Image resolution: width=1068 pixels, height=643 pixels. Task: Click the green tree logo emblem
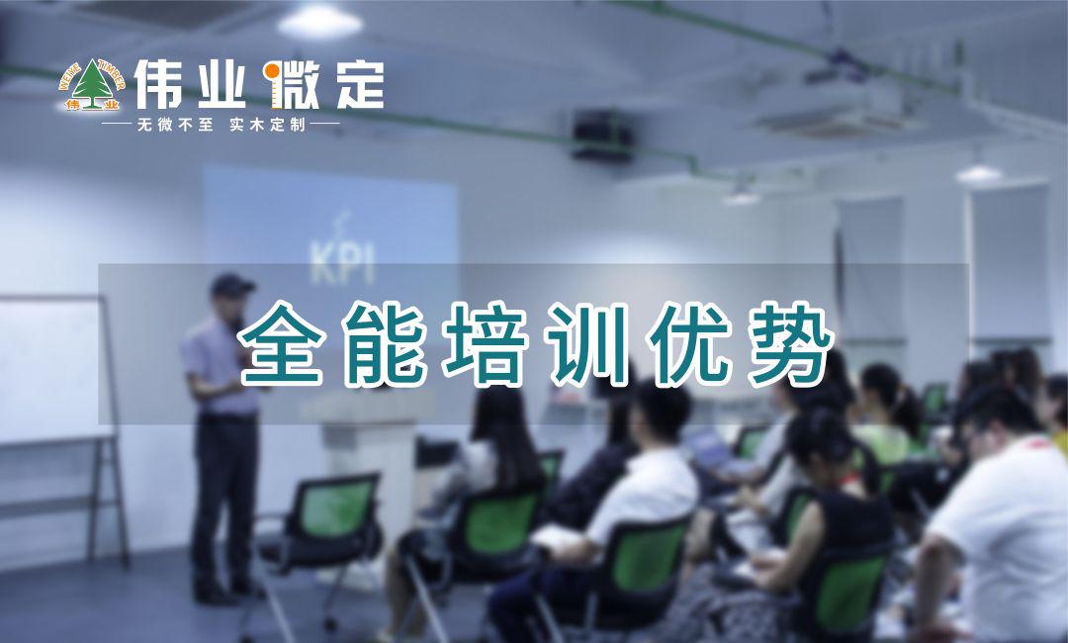click(x=92, y=85)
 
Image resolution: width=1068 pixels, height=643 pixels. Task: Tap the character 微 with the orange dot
click(x=291, y=85)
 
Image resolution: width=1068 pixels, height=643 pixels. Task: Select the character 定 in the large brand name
click(x=360, y=84)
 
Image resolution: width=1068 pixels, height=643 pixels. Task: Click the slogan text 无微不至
click(x=175, y=125)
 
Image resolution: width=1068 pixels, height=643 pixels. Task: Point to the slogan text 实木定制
click(x=267, y=125)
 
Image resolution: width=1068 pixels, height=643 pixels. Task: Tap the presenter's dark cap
click(x=231, y=285)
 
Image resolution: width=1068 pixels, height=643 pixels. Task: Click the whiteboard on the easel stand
click(x=51, y=369)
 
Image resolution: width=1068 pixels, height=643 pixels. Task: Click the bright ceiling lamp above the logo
click(x=319, y=22)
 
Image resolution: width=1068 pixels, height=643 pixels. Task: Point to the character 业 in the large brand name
click(x=222, y=85)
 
